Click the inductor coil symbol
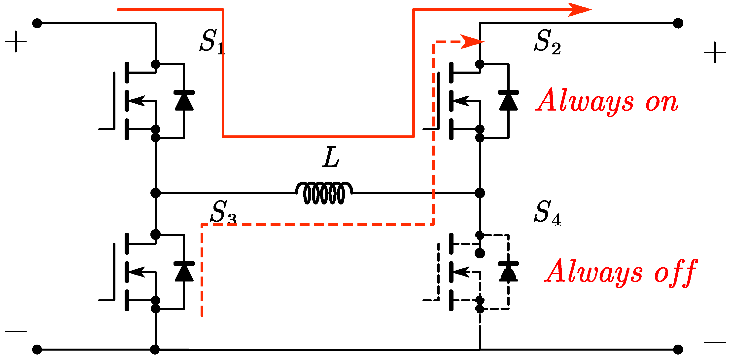coord(324,193)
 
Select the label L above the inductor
coord(331,157)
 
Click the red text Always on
coord(607,101)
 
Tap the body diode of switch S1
coord(184,101)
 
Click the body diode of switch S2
coord(508,101)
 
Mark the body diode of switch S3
coord(184,271)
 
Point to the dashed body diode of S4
coord(508,271)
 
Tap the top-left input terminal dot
coord(37,23)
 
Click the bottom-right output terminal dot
coord(678,349)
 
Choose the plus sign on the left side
coord(16,41)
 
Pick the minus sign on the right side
coord(715,343)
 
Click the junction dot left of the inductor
coord(155,193)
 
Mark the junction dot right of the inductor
coord(480,193)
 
